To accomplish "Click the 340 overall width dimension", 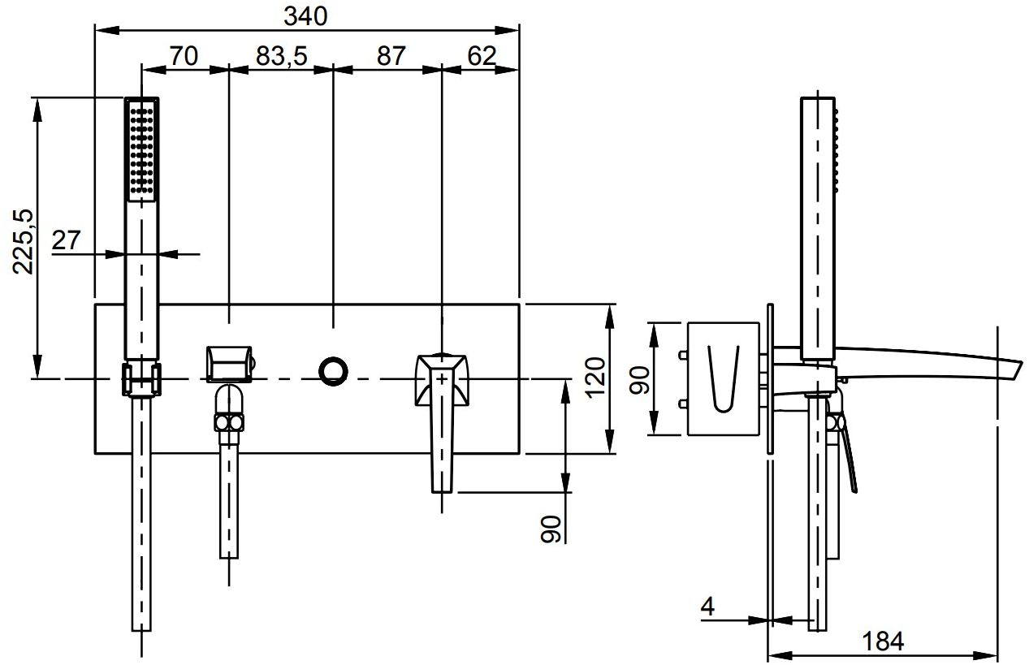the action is pos(305,16).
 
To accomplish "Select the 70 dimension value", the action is pos(184,56).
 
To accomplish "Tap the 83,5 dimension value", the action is pos(281,56).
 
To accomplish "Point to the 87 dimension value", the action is pos(391,56).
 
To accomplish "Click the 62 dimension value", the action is pos(482,56).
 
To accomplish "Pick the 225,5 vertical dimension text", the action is pos(23,242).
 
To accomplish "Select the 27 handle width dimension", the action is pos(66,240).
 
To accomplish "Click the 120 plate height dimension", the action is pos(596,378).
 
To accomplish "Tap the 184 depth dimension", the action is pos(883,641).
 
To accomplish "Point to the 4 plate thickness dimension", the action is pos(708,607).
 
